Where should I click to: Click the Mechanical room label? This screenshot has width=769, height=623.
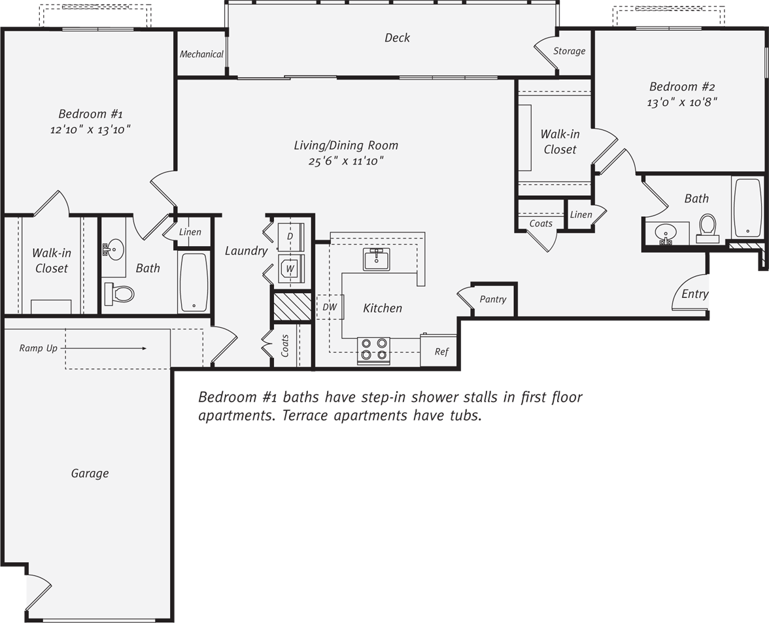201,54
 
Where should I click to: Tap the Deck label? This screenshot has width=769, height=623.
397,38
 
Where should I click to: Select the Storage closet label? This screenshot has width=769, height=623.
569,51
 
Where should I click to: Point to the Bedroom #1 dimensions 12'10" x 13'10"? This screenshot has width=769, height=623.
90,130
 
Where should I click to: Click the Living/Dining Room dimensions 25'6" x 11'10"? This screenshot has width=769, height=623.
346,161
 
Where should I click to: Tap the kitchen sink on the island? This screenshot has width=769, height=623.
376,259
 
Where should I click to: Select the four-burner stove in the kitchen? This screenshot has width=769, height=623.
373,350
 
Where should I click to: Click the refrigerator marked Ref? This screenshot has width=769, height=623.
441,352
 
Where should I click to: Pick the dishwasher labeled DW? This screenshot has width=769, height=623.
330,307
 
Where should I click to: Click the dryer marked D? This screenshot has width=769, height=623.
290,236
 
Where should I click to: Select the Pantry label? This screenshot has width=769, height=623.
492,299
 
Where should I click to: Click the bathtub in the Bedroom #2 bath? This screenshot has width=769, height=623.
747,208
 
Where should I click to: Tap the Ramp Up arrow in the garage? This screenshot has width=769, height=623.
105,349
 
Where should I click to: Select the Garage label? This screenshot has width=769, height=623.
90,473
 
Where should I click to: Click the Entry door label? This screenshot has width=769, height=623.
694,294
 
